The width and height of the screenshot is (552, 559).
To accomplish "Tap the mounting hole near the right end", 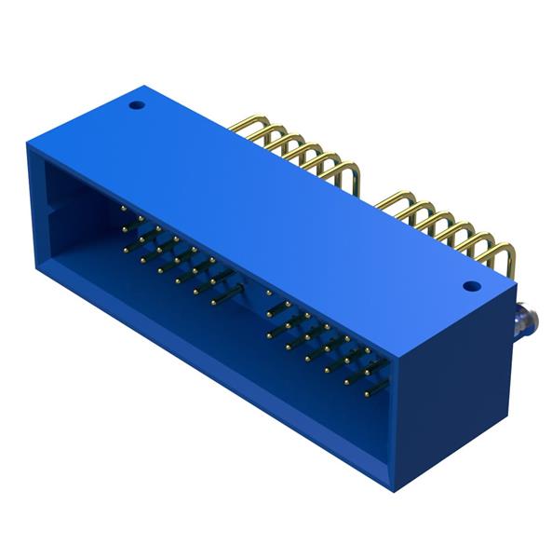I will [470, 286].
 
